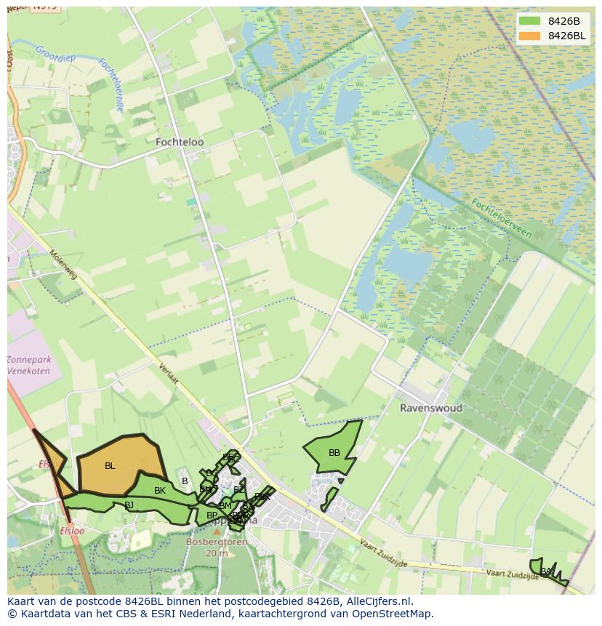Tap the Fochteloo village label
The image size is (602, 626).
pyautogui.click(x=180, y=143)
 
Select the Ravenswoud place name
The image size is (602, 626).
pyautogui.click(x=431, y=408)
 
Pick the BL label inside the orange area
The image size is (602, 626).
pyautogui.click(x=110, y=466)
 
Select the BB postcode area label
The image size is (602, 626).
pyautogui.click(x=334, y=453)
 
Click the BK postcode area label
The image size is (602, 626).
pyautogui.click(x=160, y=491)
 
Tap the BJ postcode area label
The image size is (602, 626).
pyautogui.click(x=129, y=505)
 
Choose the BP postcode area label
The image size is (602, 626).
pyautogui.click(x=212, y=515)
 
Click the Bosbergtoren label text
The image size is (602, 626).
pyautogui.click(x=217, y=542)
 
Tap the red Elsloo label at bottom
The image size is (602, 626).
pyautogui.click(x=72, y=531)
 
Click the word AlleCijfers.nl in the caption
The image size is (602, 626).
pyautogui.click(x=379, y=601)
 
